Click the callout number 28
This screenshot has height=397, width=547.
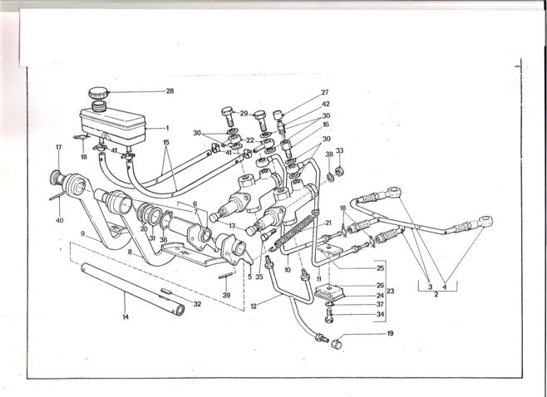pos(170,91)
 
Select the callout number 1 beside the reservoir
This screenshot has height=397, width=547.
pos(167,128)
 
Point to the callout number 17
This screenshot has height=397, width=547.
pos(58,148)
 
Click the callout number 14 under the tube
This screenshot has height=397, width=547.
pos(126,316)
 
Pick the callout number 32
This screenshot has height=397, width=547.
pos(198,304)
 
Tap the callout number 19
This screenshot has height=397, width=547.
pos(391,333)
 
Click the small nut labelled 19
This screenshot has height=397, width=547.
pos(337,343)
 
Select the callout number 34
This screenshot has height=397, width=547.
pos(380,315)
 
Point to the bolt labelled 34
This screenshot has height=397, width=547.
pos(329,318)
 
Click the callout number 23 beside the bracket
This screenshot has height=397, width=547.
pos(391,291)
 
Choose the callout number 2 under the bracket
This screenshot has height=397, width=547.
pos(436,295)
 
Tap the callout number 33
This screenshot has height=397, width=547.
pos(339,150)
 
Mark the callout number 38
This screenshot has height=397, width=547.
pos(329,154)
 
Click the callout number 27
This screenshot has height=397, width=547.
pos(325,92)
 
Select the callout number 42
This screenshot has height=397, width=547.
pos(326,104)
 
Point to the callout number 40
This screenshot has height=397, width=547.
pos(60,220)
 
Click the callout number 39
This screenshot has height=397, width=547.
pos(226,295)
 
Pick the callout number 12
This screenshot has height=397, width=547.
pos(254,306)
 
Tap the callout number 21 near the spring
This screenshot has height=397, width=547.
pos(328,223)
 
